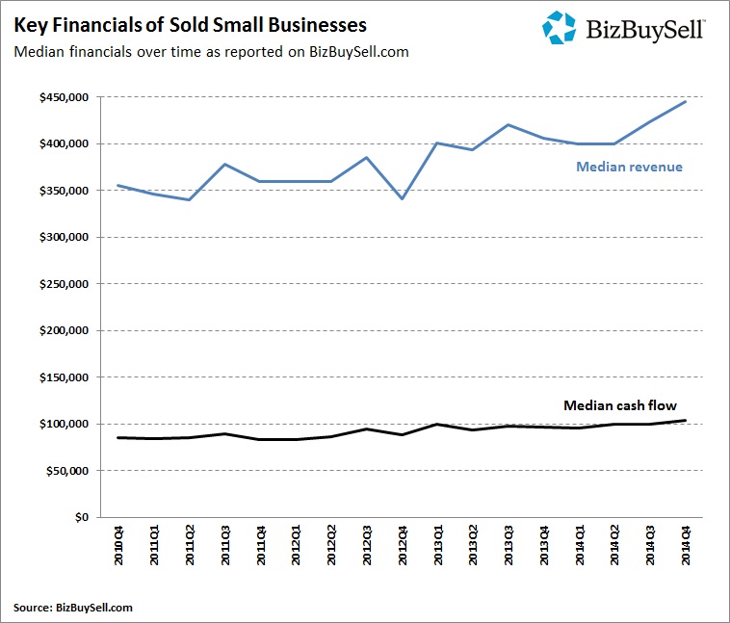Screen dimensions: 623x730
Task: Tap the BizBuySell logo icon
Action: (x=560, y=27)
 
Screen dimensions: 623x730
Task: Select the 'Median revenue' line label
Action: (x=629, y=167)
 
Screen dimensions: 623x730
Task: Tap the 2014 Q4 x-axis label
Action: (x=684, y=548)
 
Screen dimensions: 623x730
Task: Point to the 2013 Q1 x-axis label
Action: (x=436, y=548)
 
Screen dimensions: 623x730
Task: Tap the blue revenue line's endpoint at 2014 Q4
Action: (x=684, y=101)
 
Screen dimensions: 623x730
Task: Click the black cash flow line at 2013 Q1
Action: (x=436, y=425)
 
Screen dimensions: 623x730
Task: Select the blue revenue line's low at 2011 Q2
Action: (x=190, y=199)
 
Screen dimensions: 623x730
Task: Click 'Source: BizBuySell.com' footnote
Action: (x=73, y=607)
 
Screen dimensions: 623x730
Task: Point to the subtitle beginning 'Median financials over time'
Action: (x=211, y=51)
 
